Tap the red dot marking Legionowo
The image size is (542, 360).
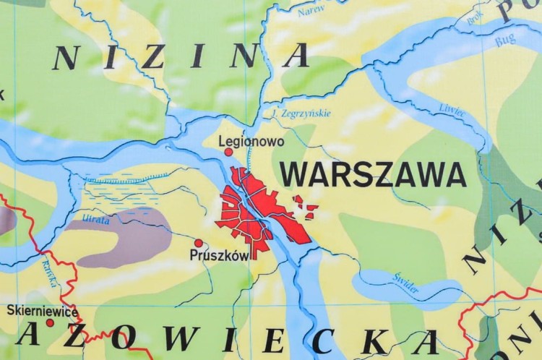tap(229, 152)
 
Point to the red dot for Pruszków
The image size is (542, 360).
tap(199, 243)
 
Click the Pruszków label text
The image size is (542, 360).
tap(219, 255)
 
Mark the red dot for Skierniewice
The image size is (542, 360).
tap(50, 322)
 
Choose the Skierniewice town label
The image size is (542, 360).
tap(42, 310)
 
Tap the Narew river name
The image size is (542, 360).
tap(311, 11)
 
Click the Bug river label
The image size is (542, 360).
tap(505, 41)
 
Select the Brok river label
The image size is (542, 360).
tap(476, 18)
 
